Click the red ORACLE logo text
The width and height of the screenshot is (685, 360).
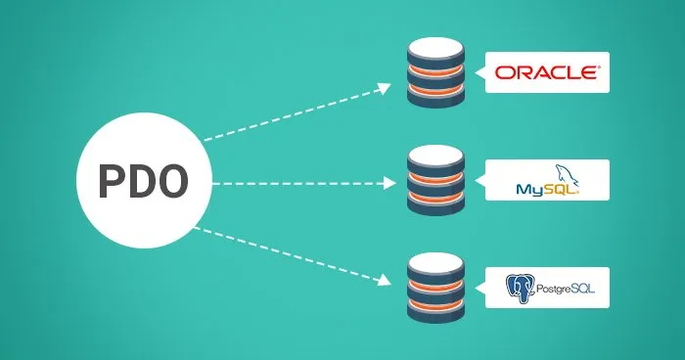pyautogui.click(x=546, y=72)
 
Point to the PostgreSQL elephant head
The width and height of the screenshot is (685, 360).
pyautogui.click(x=519, y=288)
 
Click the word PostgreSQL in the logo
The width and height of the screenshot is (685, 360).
pyautogui.click(x=559, y=289)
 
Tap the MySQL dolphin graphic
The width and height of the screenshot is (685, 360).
pyautogui.click(x=565, y=175)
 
